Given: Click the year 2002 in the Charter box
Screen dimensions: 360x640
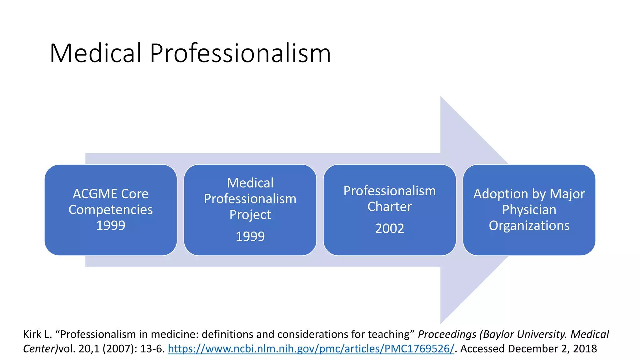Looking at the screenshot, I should [389, 228].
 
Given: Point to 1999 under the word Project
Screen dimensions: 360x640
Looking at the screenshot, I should [250, 236].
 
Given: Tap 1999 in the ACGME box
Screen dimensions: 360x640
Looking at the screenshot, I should [111, 225].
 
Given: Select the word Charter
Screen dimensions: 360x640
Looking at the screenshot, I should [389, 207].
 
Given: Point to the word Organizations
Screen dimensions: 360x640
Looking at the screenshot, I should [529, 225].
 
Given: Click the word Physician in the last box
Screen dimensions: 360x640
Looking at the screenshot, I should [529, 210].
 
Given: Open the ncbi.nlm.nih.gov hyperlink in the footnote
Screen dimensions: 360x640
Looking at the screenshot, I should [311, 348].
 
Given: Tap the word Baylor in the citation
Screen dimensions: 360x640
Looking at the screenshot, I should [500, 334].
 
